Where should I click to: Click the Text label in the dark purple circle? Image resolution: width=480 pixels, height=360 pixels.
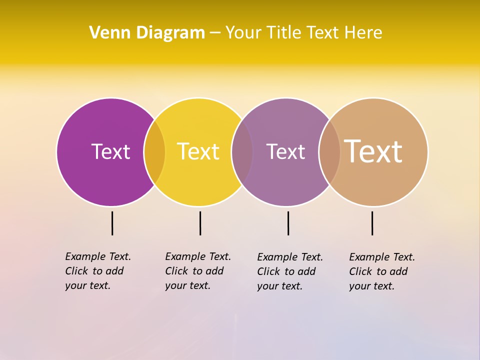110,151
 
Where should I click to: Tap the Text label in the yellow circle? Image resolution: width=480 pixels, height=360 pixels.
198,151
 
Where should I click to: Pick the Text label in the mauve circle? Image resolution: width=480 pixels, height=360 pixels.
285,151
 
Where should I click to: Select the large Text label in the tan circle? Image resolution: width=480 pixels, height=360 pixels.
373,151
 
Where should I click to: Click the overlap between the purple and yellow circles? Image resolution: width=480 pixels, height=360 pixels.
154,152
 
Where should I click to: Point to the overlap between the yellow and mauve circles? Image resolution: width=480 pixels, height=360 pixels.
242,152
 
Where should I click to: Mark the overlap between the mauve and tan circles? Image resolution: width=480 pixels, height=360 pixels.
329,152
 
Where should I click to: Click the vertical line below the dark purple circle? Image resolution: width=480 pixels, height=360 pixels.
112,223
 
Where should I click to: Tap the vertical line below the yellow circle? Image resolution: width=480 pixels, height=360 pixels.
200,223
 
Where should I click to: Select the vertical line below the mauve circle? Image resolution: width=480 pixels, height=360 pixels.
288,223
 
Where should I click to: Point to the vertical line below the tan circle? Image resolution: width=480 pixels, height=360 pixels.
372,223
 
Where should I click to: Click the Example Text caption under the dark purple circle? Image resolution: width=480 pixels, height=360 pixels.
98,270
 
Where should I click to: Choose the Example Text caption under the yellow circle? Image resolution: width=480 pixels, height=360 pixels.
198,270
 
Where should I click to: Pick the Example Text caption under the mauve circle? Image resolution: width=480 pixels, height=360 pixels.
290,271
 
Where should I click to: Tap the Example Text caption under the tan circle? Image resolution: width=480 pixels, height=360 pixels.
382,271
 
